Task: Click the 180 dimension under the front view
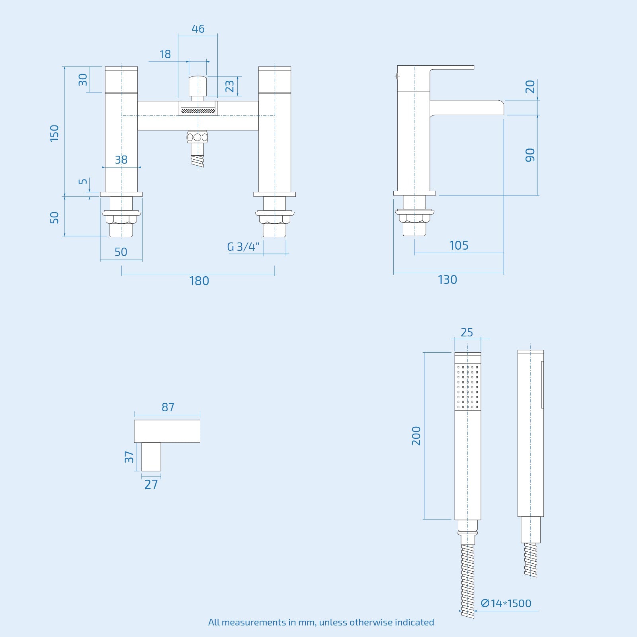tap(199, 281)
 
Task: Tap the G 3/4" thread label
tap(243, 247)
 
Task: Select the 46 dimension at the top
tap(198, 29)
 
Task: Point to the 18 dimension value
tap(165, 54)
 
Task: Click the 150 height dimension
tap(55, 133)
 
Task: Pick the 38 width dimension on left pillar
tap(121, 160)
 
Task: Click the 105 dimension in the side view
tap(459, 245)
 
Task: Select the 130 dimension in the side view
tap(447, 280)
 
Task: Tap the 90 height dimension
tap(530, 155)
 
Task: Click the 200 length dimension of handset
tap(416, 436)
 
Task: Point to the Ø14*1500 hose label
tap(506, 603)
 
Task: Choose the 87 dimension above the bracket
tap(168, 407)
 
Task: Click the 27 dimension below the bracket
tap(151, 485)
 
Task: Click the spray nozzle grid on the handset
tap(468, 386)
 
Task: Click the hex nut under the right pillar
tap(274, 219)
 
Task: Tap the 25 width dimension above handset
tap(467, 332)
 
